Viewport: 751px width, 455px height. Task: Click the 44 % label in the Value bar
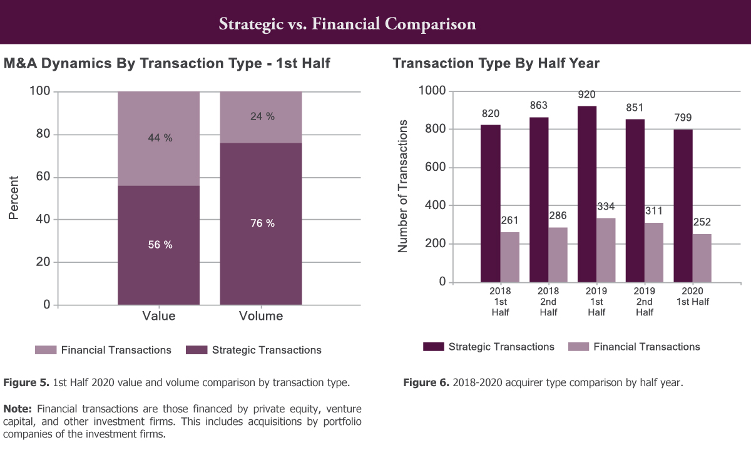tap(160, 138)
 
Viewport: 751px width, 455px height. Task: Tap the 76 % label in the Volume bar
tap(262, 223)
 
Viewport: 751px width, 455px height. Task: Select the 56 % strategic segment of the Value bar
tap(158, 245)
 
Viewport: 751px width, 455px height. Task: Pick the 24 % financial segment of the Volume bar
tap(261, 118)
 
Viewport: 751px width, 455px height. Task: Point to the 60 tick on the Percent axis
tap(43, 176)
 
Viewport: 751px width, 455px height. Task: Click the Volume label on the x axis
tap(261, 316)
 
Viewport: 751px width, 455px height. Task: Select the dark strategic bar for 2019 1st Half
tap(587, 194)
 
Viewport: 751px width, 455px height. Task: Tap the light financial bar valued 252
tap(702, 258)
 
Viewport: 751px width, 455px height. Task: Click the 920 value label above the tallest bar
tap(587, 95)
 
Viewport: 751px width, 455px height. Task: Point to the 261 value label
tap(509, 220)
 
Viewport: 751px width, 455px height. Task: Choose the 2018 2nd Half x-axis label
tap(548, 302)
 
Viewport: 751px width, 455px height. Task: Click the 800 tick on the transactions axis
tap(435, 129)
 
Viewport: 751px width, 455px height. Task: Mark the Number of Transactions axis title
tap(402, 186)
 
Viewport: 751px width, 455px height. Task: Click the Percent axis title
tap(13, 198)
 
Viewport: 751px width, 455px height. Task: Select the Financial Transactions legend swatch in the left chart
tap(46, 350)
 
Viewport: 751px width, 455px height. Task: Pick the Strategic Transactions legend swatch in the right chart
tap(434, 347)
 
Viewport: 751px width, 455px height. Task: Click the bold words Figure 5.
tap(26, 382)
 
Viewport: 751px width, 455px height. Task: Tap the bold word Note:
tap(18, 409)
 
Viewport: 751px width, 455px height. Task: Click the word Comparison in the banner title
tap(430, 24)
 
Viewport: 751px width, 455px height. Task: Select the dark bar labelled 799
tap(683, 206)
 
